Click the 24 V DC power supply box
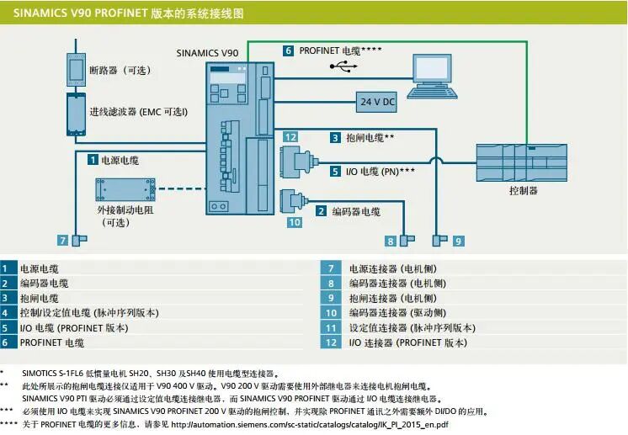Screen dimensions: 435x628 (377, 102)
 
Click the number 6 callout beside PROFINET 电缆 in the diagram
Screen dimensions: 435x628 (288, 50)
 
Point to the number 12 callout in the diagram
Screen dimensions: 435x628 (290, 137)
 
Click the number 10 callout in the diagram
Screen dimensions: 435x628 (294, 222)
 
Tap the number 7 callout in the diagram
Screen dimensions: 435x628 (62, 241)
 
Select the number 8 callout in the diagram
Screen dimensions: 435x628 (391, 241)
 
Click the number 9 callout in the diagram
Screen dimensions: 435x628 (458, 241)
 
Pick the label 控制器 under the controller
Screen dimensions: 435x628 (523, 191)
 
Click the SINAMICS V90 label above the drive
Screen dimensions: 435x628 (207, 52)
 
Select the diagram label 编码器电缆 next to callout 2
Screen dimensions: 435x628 (355, 211)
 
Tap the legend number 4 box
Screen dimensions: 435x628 (7, 313)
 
